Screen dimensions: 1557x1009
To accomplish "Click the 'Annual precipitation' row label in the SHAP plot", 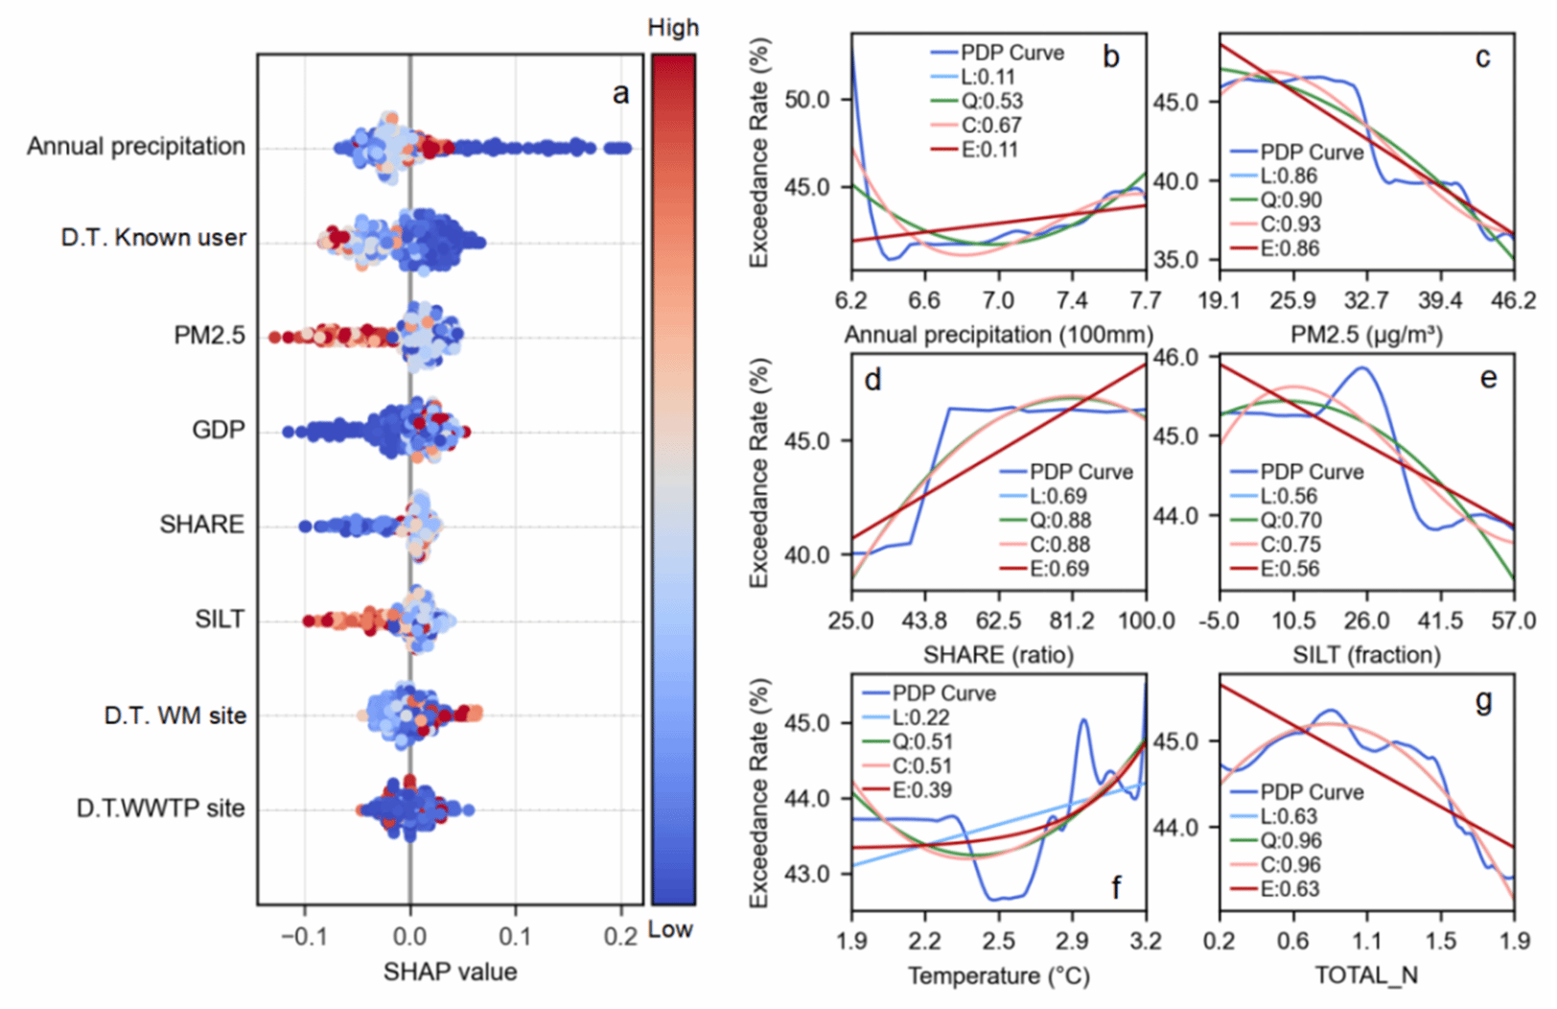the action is click(136, 147).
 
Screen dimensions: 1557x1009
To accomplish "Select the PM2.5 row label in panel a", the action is click(210, 335).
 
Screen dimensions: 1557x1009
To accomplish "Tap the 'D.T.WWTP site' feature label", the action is click(160, 808).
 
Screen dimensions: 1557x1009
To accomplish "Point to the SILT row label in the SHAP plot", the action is click(220, 619).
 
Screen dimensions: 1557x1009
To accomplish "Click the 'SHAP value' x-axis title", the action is click(451, 973).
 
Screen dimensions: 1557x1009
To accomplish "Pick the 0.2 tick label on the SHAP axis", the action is click(620, 937).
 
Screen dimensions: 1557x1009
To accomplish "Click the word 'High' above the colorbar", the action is click(673, 28).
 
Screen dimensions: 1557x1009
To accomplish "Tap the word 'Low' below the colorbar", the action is click(670, 929).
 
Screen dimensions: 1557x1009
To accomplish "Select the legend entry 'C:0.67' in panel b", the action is click(977, 126).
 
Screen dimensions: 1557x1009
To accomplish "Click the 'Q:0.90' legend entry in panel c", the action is click(1276, 200).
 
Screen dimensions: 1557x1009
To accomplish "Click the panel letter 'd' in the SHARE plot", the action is click(872, 380).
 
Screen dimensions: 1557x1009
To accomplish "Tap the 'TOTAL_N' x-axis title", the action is click(1366, 975).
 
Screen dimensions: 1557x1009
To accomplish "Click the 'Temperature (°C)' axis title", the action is click(999, 975).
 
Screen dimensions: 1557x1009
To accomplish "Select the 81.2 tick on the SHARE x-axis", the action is click(1072, 621).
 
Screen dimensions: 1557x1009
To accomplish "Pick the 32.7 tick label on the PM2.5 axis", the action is click(1366, 300).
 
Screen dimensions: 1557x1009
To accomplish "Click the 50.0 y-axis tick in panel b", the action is click(807, 100).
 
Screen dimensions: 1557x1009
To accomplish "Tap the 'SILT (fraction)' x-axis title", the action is click(1366, 655).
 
